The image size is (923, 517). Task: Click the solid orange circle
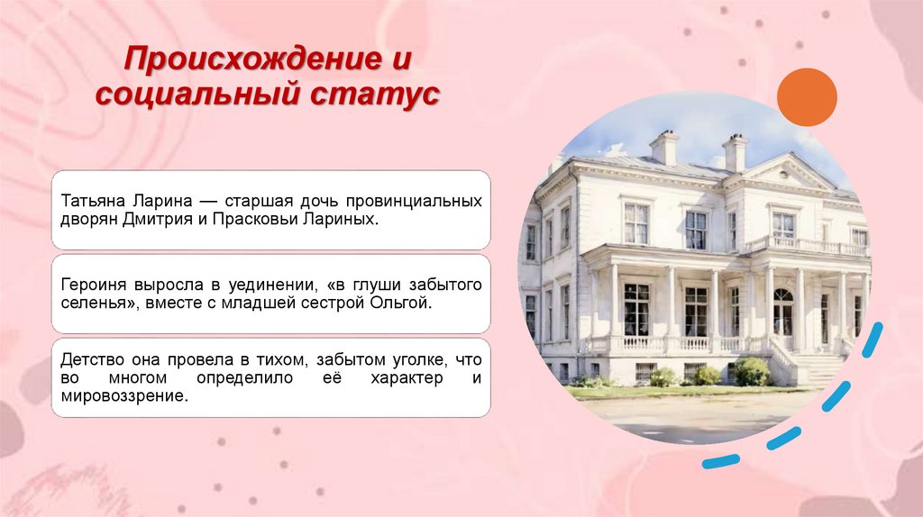(807, 97)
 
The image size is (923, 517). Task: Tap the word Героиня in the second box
(93, 285)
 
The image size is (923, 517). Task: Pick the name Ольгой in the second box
(401, 304)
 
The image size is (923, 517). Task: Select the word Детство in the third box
(90, 359)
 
